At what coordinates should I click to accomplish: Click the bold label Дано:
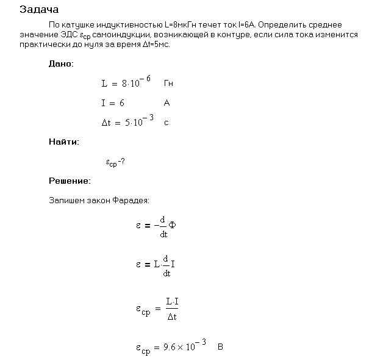coord(61,63)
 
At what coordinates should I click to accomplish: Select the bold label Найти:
coord(63,142)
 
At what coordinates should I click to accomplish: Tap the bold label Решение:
coord(70,181)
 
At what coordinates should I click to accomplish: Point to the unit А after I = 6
coord(167,103)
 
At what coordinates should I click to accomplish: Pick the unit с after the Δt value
coord(166,123)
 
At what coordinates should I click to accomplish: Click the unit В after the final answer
coord(221,347)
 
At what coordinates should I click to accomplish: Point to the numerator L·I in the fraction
coord(172,301)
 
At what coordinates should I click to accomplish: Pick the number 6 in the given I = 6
coord(122,103)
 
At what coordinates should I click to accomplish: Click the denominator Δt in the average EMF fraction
coord(172,317)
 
